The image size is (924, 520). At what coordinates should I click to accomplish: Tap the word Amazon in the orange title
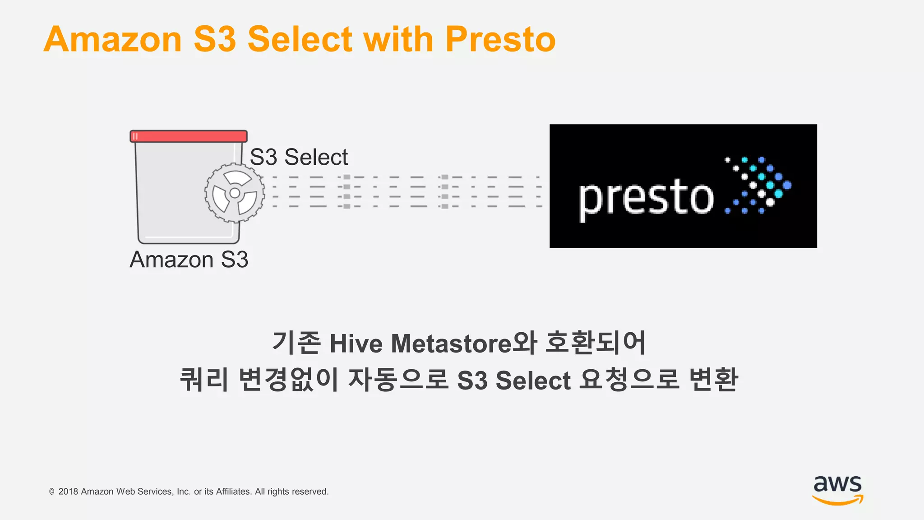coord(113,40)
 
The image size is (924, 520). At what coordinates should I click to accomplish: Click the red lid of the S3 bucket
coord(189,136)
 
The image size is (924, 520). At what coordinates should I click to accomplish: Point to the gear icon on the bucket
coord(235,193)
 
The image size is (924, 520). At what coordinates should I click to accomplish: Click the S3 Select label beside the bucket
coord(299,157)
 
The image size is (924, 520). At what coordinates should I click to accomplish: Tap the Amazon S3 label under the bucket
coord(189,260)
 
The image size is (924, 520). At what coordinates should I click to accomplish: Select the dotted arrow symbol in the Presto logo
coord(758,185)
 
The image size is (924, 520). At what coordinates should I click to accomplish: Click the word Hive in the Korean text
coord(356,344)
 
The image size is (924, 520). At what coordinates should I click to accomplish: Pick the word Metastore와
coord(464,344)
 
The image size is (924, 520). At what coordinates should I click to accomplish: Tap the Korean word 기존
coord(296,343)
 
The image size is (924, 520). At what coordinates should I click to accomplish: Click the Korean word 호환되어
coord(596,343)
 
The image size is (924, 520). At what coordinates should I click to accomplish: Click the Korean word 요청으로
coord(629,380)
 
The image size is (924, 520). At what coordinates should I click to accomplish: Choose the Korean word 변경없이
coord(289,380)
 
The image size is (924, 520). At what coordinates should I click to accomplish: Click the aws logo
coord(837,489)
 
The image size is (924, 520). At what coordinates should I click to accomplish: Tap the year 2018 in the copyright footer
coord(68,492)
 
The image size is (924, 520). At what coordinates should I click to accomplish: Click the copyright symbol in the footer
coord(52,492)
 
